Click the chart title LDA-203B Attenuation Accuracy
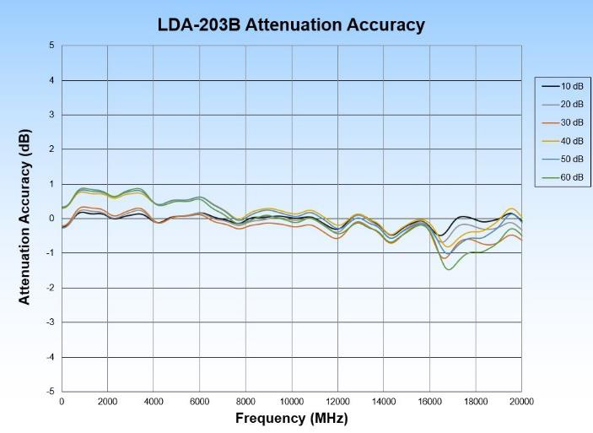coord(291,24)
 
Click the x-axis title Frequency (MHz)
coord(291,419)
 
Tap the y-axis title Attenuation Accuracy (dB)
coord(24,219)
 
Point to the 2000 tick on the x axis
coord(107,402)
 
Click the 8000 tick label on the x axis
coord(245,402)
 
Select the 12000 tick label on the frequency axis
coord(337,402)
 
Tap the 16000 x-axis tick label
coord(429,402)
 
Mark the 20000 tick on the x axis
coord(521,402)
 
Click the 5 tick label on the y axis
coord(51,46)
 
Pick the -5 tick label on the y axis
coord(50,392)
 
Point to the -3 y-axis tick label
coord(50,322)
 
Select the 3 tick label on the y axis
coord(51,115)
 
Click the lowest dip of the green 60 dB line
coord(449,269)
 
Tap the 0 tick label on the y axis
coord(51,219)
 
